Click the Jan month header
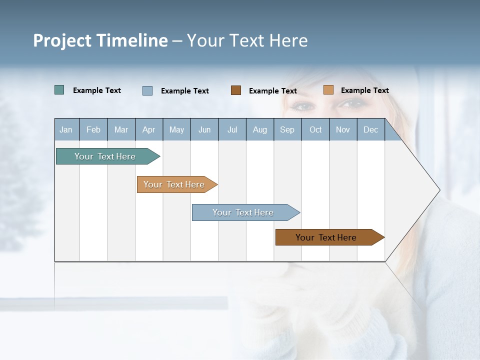tap(66, 129)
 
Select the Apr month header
tap(148, 129)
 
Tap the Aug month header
tap(259, 129)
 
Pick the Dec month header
tap(370, 129)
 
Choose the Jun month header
tap(204, 129)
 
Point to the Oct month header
tap(315, 129)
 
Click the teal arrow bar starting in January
tap(105, 156)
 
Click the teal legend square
tap(59, 90)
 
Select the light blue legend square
tap(147, 90)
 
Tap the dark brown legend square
tap(235, 90)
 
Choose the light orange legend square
tap(328, 90)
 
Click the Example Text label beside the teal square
tap(96, 90)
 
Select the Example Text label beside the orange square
tap(364, 90)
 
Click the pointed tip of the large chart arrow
tap(439, 190)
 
